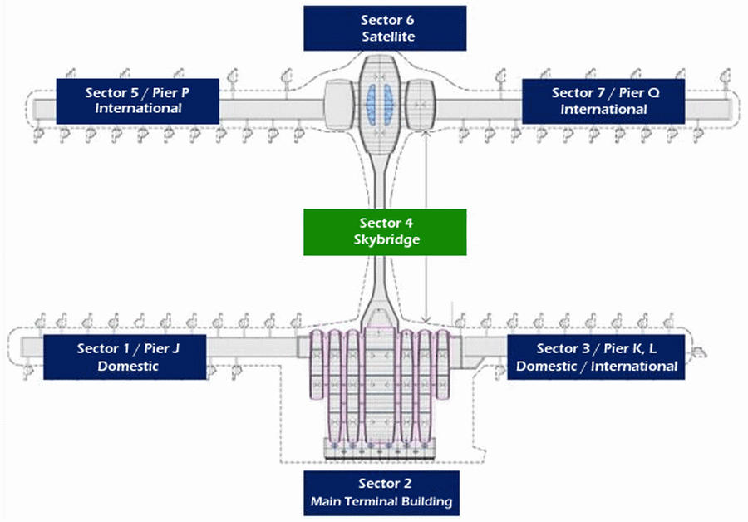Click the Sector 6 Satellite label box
tap(385, 28)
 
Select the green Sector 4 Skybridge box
tap(385, 231)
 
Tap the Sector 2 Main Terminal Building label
tap(380, 492)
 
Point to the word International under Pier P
tap(138, 109)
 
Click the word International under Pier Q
tap(603, 109)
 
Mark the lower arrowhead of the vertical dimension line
tap(426, 319)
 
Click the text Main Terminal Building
tap(381, 501)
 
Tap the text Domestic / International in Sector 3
tap(597, 366)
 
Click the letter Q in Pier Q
tap(653, 93)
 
